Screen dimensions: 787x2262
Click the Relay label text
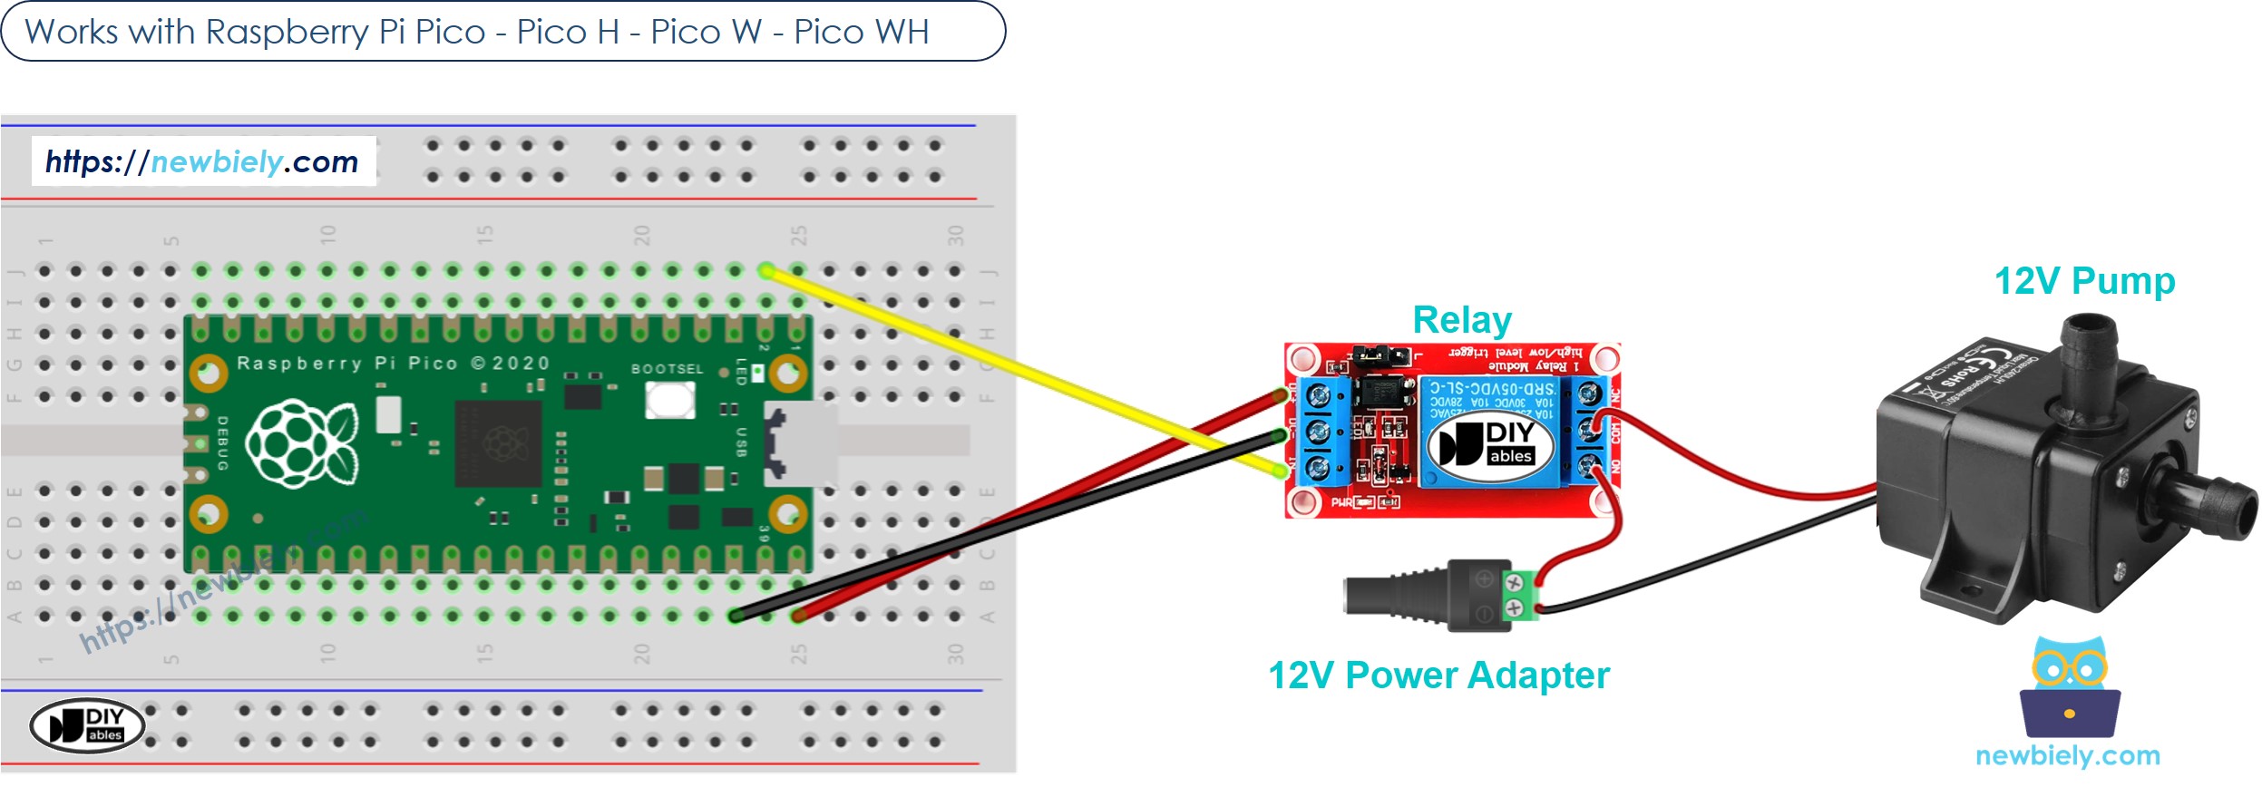pyautogui.click(x=1461, y=320)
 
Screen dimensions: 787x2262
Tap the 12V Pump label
pyautogui.click(x=2083, y=281)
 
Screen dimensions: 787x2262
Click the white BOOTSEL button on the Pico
pyautogui.click(x=669, y=400)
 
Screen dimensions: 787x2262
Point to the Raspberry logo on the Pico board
pyautogui.click(x=301, y=443)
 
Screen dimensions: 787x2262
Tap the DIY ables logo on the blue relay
pyautogui.click(x=1489, y=443)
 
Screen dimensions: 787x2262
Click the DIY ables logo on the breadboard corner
pyautogui.click(x=87, y=725)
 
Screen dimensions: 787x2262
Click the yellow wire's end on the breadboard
pyautogui.click(x=766, y=270)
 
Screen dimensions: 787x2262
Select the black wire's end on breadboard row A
pyautogui.click(x=736, y=617)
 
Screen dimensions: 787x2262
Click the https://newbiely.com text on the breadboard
pyautogui.click(x=202, y=161)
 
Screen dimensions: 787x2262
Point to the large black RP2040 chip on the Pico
pyautogui.click(x=499, y=444)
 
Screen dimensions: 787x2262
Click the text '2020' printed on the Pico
pyautogui.click(x=521, y=364)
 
